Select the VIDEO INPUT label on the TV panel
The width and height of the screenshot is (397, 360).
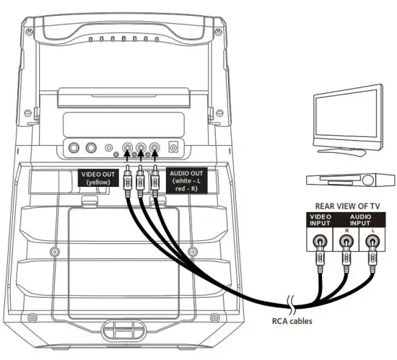(320, 221)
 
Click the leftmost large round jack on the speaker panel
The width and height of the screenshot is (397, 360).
(73, 149)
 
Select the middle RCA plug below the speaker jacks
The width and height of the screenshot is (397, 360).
(141, 180)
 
